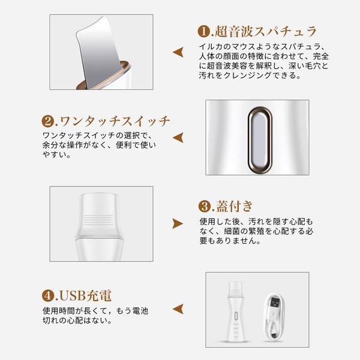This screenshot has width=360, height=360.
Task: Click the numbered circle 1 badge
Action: point(203,31)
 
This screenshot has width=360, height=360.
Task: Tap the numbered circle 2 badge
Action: point(48,121)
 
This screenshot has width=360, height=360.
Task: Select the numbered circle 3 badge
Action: point(205,206)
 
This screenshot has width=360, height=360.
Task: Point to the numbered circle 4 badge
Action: point(48,295)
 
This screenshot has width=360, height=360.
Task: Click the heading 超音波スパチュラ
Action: point(266,31)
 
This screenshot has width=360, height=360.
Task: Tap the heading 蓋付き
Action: point(234,206)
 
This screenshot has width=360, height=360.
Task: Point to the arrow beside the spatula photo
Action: point(178,52)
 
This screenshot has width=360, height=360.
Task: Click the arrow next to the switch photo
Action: point(178,137)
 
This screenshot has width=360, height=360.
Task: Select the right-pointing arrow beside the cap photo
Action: point(178,224)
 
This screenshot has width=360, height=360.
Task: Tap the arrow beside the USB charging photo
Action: point(178,309)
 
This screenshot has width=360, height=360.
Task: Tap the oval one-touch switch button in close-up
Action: point(260,140)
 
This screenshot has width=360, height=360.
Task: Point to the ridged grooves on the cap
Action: point(99,220)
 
